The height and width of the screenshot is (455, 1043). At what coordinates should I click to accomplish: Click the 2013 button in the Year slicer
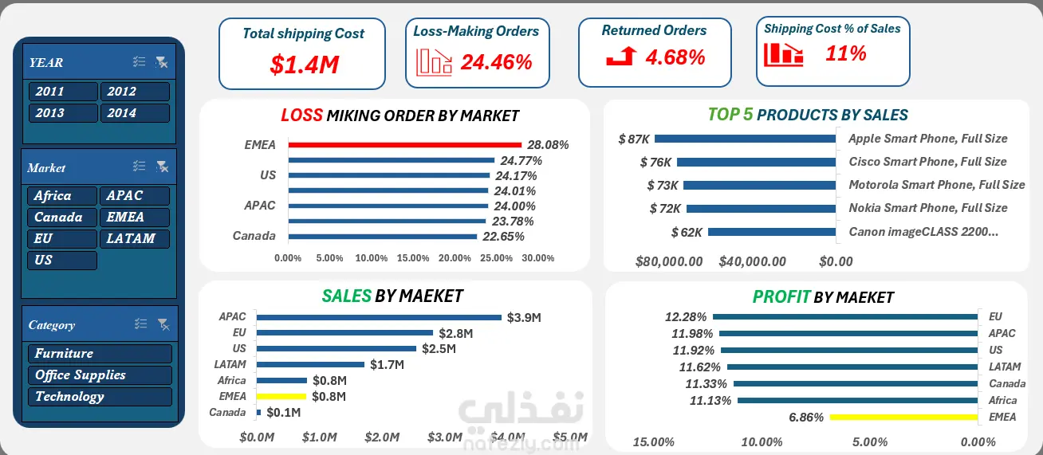(x=63, y=113)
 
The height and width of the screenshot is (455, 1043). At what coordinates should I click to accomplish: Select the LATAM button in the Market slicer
(x=135, y=239)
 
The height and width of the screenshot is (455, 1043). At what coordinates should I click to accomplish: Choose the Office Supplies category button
(x=100, y=375)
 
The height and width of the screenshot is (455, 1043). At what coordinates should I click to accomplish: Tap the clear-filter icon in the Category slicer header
(x=163, y=324)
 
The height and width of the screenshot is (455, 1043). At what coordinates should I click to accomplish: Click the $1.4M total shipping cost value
(x=305, y=65)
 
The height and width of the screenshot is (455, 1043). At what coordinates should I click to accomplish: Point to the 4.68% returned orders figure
(x=675, y=57)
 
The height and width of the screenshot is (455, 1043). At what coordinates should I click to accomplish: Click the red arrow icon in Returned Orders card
(x=621, y=56)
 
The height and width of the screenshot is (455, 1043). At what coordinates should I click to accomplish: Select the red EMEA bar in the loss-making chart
(x=404, y=145)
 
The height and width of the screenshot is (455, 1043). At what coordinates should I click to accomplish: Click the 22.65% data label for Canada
(x=503, y=237)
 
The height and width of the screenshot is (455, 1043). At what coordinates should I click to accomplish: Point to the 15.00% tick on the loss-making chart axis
(x=413, y=258)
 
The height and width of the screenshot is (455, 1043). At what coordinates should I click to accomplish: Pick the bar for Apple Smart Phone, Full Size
(x=745, y=139)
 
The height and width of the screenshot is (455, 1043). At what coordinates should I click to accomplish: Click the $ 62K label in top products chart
(x=687, y=232)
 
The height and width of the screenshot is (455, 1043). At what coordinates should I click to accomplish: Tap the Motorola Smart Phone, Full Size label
(x=937, y=185)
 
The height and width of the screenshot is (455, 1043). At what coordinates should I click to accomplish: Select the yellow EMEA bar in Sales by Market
(x=281, y=396)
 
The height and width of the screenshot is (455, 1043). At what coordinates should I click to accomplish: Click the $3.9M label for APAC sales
(x=524, y=318)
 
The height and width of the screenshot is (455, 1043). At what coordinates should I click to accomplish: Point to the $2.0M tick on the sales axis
(x=382, y=437)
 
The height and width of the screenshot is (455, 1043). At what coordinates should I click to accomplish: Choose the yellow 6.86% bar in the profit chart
(x=903, y=418)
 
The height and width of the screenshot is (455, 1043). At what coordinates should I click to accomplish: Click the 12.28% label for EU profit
(x=686, y=317)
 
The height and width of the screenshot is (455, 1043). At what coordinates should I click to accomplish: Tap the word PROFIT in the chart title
(x=781, y=296)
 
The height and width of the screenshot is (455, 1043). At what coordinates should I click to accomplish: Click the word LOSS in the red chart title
(x=301, y=115)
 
